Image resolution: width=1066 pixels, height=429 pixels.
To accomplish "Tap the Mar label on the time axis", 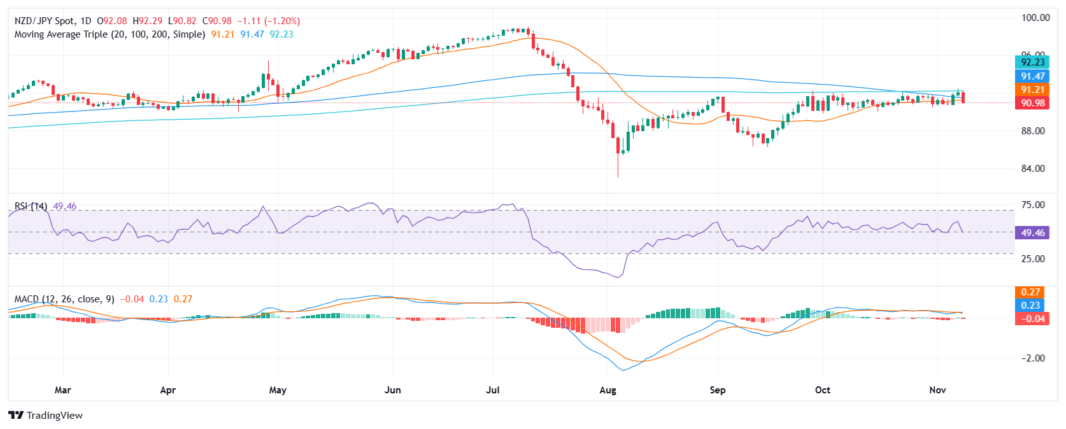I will click(x=62, y=390).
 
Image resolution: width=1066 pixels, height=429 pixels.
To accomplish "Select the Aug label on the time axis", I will click(x=608, y=390).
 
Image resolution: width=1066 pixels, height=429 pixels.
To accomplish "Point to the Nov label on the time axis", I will click(x=937, y=390).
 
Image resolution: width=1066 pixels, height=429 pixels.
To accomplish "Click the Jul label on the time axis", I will click(x=493, y=390).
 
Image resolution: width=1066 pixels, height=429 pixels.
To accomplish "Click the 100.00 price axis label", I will click(x=1035, y=18).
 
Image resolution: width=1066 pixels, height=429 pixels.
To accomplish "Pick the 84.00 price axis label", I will click(x=1033, y=169).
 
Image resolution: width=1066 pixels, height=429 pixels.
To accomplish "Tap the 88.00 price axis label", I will click(x=1033, y=131).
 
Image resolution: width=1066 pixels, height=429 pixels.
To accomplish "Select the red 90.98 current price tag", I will click(x=1032, y=103).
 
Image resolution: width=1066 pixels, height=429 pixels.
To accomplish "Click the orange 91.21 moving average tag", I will click(x=1032, y=90).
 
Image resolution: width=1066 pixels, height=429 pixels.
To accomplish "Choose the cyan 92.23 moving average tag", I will click(x=1032, y=62).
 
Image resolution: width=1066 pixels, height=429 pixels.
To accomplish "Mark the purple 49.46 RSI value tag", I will click(x=1032, y=233).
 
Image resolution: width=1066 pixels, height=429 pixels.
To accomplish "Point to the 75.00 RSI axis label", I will click(x=1033, y=205).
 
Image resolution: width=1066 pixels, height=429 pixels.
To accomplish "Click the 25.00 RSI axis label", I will click(x=1033, y=259).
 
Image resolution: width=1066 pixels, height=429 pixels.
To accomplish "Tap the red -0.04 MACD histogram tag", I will click(x=1032, y=319).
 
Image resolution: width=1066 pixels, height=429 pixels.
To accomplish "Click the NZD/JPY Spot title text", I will click(x=44, y=21).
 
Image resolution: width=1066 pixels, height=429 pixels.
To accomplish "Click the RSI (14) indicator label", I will click(x=31, y=206).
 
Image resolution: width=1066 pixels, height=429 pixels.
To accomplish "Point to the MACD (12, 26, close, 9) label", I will click(x=64, y=299).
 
